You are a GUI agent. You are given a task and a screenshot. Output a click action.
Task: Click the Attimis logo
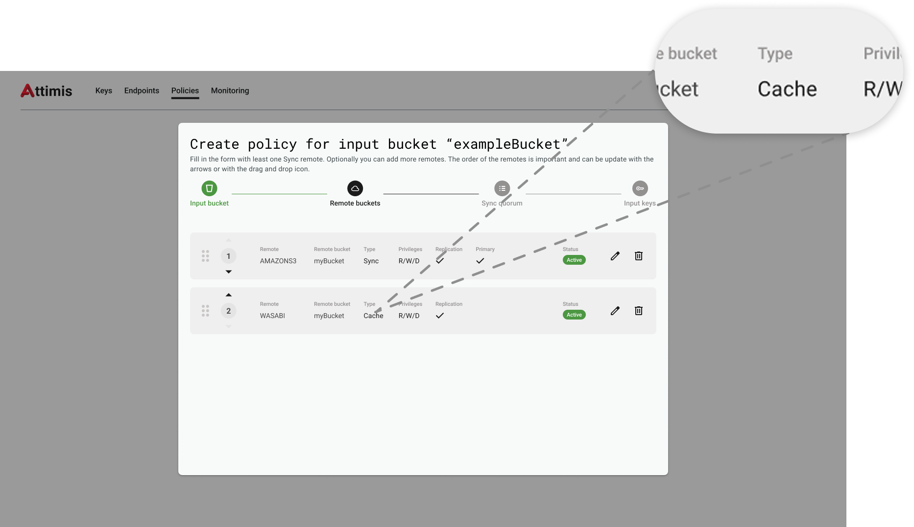point(46,91)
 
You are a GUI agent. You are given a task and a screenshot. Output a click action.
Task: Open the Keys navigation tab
point(103,91)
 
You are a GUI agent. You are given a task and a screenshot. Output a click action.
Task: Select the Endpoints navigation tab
point(142,91)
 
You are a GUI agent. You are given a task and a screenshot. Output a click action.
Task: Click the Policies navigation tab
point(185,91)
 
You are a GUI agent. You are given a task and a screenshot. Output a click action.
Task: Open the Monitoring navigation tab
point(230,91)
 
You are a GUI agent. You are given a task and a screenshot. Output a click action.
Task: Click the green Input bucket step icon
point(209,188)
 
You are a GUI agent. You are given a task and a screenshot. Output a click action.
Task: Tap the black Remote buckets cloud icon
point(355,188)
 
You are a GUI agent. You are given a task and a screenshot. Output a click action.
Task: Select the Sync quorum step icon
point(502,188)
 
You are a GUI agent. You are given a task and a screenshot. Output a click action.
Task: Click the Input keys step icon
point(640,188)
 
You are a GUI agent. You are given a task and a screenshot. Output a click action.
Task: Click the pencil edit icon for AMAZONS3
point(615,256)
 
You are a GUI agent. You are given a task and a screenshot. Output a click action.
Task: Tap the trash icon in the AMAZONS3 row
point(639,256)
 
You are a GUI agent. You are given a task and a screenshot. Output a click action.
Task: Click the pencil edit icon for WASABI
point(615,311)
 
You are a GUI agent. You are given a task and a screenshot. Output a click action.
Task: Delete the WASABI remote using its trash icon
point(639,311)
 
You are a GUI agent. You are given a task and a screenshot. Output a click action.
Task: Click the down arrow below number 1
point(228,272)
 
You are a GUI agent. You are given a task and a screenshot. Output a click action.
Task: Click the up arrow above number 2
point(228,295)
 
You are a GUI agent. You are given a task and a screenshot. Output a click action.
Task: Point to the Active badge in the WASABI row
point(574,315)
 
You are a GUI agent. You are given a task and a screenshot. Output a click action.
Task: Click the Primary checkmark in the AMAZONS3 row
point(480,261)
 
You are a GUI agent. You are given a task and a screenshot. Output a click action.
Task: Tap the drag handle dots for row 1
point(205,256)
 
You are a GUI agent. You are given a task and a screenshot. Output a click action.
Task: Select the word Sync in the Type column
point(371,261)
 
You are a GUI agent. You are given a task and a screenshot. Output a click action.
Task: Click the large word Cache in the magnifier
point(787,89)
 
